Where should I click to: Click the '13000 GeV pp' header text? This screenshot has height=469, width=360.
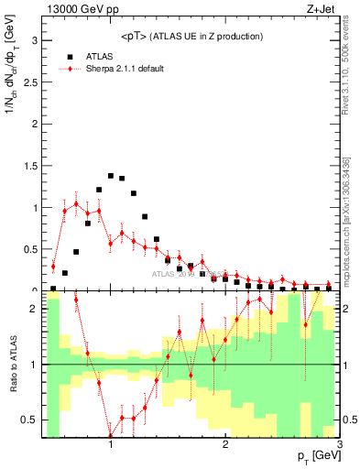77,10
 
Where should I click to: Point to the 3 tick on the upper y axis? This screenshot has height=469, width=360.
38,40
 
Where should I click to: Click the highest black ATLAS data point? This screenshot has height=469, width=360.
111,175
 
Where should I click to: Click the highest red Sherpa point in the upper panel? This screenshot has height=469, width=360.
76,203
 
